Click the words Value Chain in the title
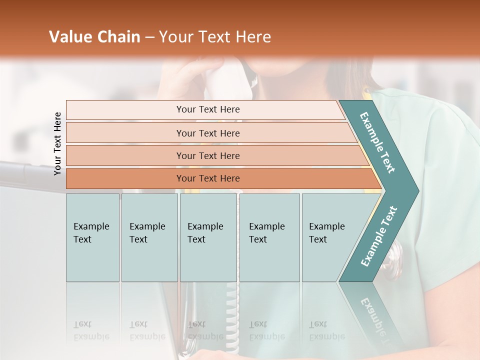94,37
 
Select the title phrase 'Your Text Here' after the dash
215,37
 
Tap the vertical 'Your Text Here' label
58,144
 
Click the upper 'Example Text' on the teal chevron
378,143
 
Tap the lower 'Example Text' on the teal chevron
379,236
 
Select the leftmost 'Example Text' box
92,237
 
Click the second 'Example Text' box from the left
149,237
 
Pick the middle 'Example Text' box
208,237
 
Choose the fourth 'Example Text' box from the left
269,237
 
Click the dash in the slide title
149,37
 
